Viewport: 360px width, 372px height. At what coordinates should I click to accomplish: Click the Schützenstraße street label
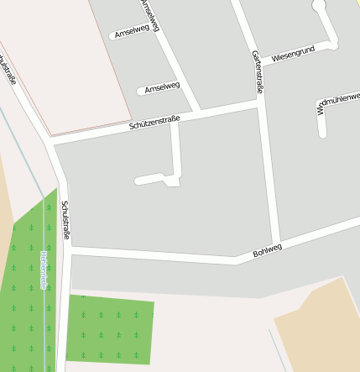[154, 122]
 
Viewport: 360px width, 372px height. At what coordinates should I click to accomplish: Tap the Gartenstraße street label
[257, 71]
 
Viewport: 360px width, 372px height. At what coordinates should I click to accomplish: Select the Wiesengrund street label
[293, 52]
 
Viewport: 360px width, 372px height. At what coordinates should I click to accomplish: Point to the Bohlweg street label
[268, 249]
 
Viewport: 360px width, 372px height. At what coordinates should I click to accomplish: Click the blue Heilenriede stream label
[43, 269]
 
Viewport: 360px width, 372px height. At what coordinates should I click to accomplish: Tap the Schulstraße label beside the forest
[66, 220]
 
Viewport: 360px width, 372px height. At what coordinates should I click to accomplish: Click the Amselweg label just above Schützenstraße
[162, 86]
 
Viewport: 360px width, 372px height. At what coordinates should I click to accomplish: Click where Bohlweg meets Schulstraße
[67, 250]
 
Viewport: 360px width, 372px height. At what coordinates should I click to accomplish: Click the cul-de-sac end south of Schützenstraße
[138, 181]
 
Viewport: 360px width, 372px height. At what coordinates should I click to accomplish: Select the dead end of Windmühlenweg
[322, 133]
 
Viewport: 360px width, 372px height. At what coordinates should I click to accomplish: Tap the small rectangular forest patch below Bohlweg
[110, 327]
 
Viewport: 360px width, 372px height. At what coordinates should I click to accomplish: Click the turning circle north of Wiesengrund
[318, 6]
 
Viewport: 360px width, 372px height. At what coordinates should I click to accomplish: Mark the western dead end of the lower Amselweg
[141, 91]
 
